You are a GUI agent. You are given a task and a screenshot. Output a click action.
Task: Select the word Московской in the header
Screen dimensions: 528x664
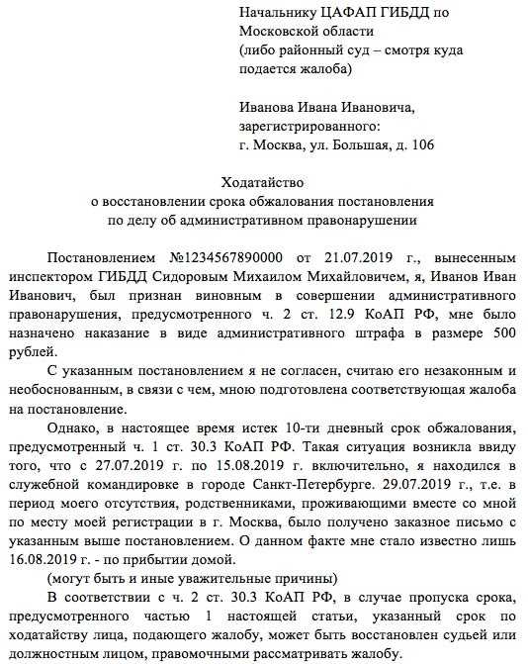coord(275,31)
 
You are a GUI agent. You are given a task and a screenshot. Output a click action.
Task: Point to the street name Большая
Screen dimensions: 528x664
coord(361,145)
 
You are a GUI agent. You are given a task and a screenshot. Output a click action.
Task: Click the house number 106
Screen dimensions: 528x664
coord(419,145)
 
